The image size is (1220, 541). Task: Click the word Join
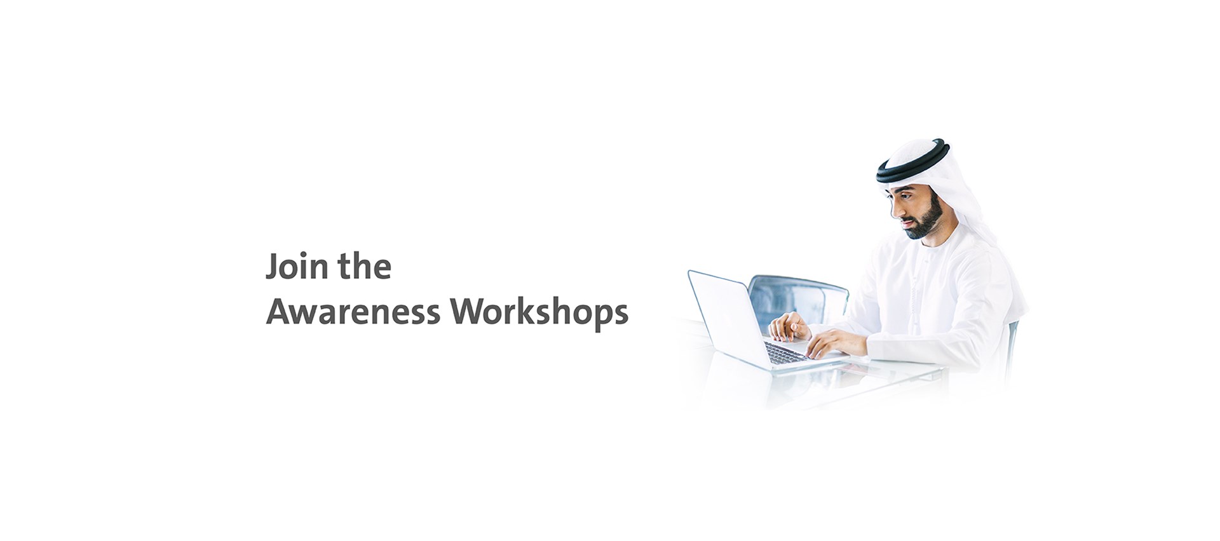pos(297,267)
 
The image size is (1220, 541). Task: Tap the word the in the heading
pos(365,266)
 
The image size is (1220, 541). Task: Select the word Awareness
pos(353,312)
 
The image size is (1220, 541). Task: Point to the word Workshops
pos(539,313)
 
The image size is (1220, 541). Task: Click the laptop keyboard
pos(785,352)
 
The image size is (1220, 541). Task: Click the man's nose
pos(894,209)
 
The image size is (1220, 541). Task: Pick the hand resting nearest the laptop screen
pos(789,326)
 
